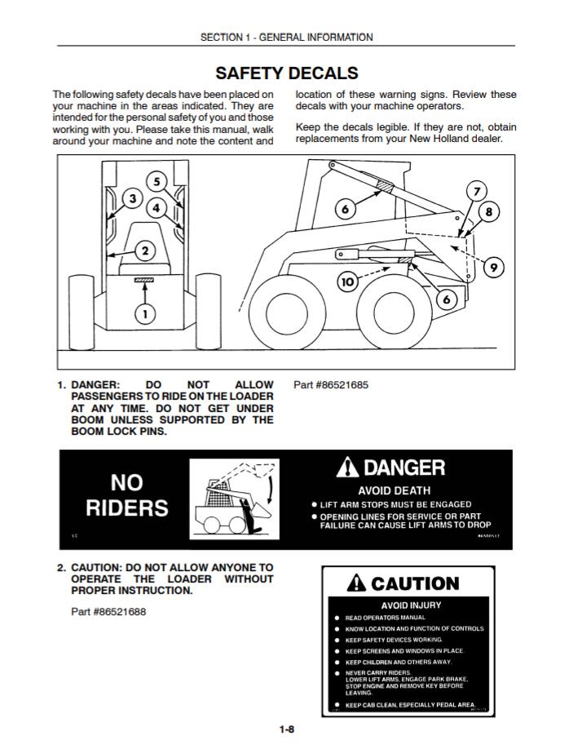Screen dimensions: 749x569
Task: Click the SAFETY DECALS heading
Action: coord(286,73)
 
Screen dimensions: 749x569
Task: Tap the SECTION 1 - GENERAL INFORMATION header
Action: coord(286,37)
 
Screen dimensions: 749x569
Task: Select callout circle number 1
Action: coord(144,312)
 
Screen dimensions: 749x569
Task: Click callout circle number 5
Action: coord(157,181)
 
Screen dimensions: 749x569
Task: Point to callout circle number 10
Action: coord(348,282)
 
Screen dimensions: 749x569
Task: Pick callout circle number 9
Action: coord(492,266)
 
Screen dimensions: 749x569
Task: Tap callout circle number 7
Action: coord(474,192)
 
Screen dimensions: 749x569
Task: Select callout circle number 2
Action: coord(144,250)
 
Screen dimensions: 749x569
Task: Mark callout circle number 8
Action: coord(489,212)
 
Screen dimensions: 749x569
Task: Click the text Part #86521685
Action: coord(331,385)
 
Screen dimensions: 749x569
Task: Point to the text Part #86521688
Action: coord(108,611)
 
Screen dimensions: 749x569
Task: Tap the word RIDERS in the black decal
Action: coord(127,507)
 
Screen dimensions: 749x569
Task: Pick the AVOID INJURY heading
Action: coord(411,605)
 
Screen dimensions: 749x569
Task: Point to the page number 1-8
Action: coord(284,729)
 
